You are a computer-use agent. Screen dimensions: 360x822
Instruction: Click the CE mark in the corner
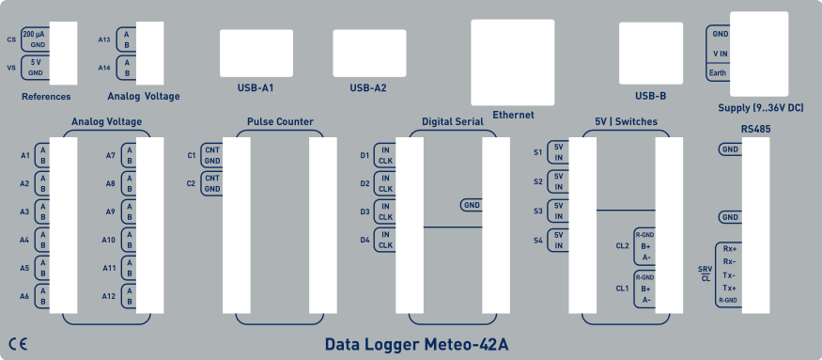pos(17,344)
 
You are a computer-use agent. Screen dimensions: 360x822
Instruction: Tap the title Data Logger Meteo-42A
pos(417,344)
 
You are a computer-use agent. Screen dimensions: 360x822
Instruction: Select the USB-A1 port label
pos(255,88)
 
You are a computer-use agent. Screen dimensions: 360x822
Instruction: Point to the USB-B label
pos(650,95)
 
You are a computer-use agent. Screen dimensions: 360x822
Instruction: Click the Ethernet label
pos(513,115)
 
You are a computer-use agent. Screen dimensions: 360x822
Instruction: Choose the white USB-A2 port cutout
pos(369,53)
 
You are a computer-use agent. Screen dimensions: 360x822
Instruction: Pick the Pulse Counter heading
pos(280,121)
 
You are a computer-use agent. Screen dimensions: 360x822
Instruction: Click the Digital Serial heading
pos(453,121)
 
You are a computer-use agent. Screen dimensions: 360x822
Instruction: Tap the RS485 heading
pos(742,127)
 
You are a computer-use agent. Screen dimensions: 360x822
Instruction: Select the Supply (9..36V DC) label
pos(760,108)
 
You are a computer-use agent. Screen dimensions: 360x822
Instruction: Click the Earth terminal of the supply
pos(719,72)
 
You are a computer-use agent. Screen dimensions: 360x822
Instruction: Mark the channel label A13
pos(104,39)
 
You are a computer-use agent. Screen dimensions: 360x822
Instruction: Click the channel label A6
pos(25,296)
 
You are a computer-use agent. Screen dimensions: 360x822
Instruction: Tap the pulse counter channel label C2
pos(191,183)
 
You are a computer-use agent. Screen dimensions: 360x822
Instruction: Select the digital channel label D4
pos(364,240)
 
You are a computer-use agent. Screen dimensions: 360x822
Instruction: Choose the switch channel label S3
pos(538,211)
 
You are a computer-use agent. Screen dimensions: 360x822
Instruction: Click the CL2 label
pos(622,246)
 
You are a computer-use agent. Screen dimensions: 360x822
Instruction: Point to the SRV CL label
pos(706,274)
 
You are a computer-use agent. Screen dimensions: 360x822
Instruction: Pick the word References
pos(46,96)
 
